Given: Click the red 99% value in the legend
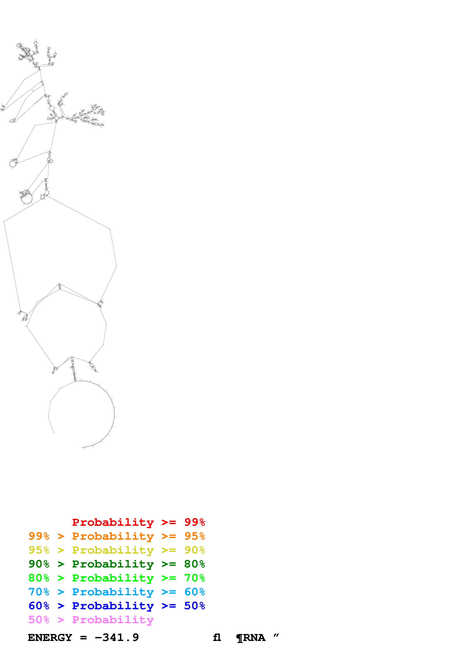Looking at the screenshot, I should (194, 522).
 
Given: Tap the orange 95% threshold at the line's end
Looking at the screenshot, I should (194, 536).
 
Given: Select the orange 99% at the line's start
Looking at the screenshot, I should (39, 536).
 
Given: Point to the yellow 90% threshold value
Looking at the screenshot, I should (194, 550).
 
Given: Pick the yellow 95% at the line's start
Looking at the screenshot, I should (39, 550).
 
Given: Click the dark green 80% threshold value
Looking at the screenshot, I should (194, 564).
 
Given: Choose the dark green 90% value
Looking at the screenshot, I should (39, 564).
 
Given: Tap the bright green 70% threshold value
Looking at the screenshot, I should (194, 578).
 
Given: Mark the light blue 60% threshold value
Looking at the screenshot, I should (194, 592).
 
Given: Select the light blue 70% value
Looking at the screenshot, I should (39, 592).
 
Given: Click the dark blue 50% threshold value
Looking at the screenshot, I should (194, 606).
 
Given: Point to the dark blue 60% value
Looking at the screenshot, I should (39, 606).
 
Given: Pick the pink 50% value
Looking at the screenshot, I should (39, 619).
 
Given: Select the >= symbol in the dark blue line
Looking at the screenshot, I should (169, 606).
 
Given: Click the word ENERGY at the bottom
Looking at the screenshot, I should (50, 637).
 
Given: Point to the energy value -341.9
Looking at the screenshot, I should (117, 637).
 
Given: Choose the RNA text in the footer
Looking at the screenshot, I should (254, 637).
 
